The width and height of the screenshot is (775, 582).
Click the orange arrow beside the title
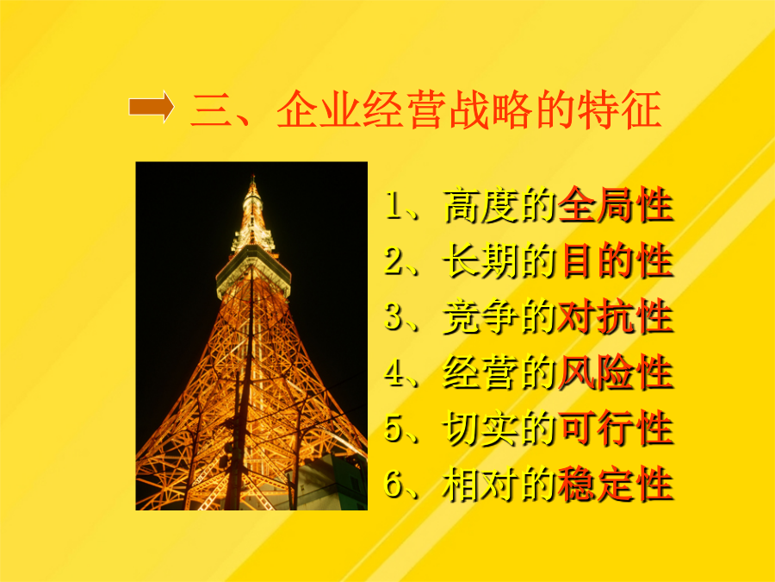pos(152,106)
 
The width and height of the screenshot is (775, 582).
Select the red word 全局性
pos(616,205)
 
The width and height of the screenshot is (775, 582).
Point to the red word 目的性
pos(616,260)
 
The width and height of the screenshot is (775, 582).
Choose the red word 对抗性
pos(616,316)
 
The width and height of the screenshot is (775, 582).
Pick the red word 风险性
pos(616,372)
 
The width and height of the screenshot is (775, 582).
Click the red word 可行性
pos(616,429)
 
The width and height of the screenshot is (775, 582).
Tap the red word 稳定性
pos(616,485)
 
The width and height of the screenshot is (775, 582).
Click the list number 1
pos(395,205)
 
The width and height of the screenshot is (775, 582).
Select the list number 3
pos(395,316)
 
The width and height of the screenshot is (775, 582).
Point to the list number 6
pos(395,485)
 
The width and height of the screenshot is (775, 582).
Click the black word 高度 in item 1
pos(480,205)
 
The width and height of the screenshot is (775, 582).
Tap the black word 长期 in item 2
pos(480,260)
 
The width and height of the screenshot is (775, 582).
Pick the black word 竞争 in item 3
pos(480,316)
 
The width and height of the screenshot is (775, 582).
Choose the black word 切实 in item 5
pos(480,429)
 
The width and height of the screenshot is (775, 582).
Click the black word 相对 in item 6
pos(480,485)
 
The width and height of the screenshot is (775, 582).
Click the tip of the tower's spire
pos(253,175)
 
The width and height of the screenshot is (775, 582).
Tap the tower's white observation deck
pos(253,272)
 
